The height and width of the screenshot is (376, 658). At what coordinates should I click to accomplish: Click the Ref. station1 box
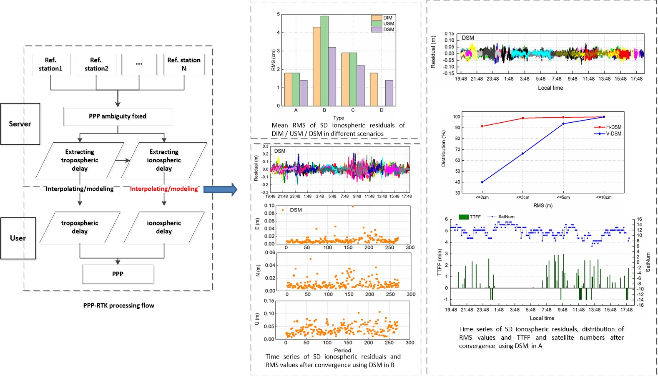pyautogui.click(x=50, y=64)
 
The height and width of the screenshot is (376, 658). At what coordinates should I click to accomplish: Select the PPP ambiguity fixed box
pyautogui.click(x=118, y=116)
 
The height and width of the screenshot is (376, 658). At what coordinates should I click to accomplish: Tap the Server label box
pyautogui.click(x=20, y=124)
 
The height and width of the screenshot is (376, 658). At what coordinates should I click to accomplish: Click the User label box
pyautogui.click(x=18, y=238)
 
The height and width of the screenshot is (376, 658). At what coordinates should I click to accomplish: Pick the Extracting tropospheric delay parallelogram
pyautogui.click(x=80, y=160)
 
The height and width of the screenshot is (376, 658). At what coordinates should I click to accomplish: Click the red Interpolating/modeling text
pyautogui.click(x=164, y=189)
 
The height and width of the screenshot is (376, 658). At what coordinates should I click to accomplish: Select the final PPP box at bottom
pyautogui.click(x=118, y=274)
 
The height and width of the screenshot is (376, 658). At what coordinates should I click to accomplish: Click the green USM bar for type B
pyautogui.click(x=324, y=61)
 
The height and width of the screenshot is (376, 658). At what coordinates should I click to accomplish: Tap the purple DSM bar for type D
pyautogui.click(x=389, y=93)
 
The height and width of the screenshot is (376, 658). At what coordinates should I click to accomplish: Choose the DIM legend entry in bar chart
pyautogui.click(x=383, y=18)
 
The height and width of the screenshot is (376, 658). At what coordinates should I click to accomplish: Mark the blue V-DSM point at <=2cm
pyautogui.click(x=482, y=182)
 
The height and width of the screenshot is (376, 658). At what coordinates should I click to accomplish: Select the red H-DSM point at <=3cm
pyautogui.click(x=522, y=118)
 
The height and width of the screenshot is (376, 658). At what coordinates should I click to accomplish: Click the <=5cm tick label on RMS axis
pyautogui.click(x=563, y=197)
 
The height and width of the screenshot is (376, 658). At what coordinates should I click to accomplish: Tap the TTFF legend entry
pyautogui.click(x=470, y=217)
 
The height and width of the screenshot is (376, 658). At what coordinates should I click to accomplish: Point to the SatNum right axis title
pyautogui.click(x=648, y=262)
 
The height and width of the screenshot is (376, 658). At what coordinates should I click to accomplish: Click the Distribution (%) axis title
pyautogui.click(x=444, y=148)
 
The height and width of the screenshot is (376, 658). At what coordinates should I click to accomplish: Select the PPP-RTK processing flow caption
pyautogui.click(x=118, y=305)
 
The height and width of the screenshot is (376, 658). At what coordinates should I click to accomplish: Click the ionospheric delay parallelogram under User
pyautogui.click(x=164, y=227)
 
